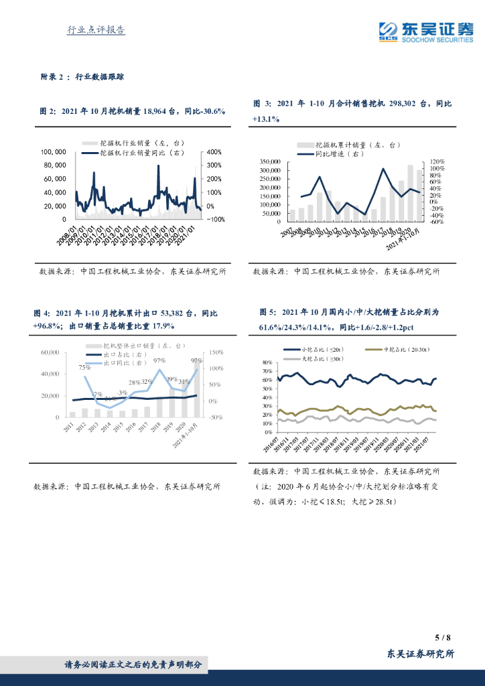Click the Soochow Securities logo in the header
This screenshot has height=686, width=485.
point(425,31)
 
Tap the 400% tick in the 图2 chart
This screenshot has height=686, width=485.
point(214,151)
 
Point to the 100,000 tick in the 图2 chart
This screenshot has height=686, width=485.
point(53,151)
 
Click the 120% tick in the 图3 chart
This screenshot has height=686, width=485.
point(437,162)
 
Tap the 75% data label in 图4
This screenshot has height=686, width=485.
point(84,367)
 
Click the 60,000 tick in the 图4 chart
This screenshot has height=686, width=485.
point(51,352)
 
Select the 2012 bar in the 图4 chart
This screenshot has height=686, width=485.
point(84,413)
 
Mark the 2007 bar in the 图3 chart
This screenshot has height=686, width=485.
point(292,215)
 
